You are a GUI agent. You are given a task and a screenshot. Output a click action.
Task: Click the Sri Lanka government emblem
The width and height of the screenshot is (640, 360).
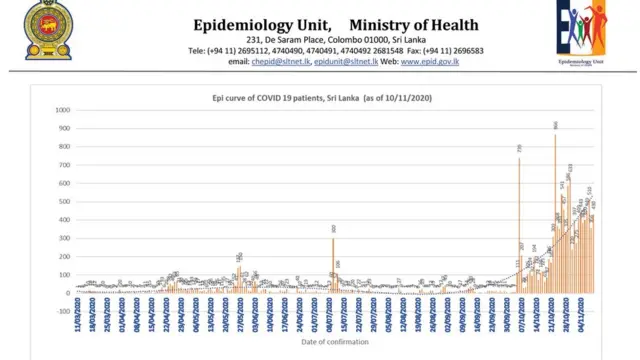(x=41, y=30)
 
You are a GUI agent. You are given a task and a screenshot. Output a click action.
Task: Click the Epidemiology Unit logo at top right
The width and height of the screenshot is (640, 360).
(x=581, y=32)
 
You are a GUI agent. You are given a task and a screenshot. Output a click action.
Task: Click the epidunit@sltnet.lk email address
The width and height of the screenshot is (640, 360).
(x=346, y=62)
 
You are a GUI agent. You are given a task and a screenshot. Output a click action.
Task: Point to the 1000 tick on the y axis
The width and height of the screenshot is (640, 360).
(x=62, y=110)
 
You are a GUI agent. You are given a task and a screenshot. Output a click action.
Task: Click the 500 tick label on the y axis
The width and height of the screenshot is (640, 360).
(x=64, y=201)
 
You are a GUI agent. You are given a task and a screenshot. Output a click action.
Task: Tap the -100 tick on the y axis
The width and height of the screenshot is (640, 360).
(x=63, y=311)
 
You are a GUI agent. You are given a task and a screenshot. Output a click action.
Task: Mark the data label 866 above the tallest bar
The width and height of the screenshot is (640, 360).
(x=555, y=125)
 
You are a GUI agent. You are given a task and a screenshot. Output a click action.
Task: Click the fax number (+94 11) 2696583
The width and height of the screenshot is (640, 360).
(x=454, y=50)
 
